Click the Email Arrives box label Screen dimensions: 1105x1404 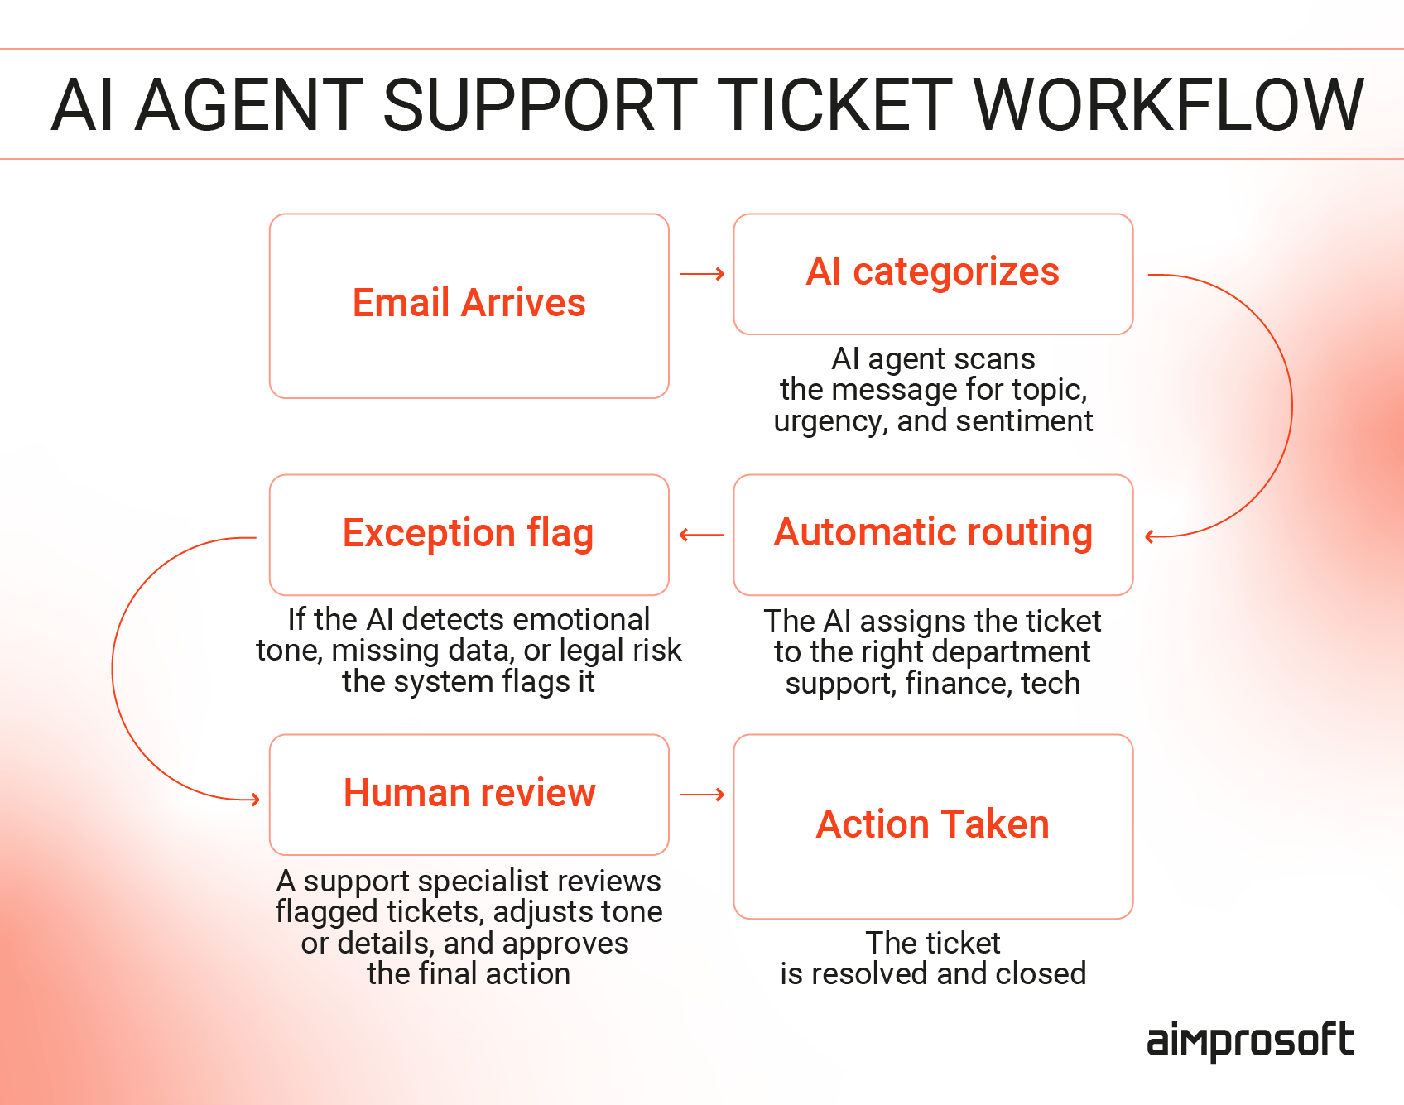click(x=469, y=303)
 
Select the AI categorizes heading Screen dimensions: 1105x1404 click(x=932, y=272)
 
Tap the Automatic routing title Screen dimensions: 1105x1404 click(x=933, y=532)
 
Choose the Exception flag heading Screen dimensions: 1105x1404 click(x=468, y=533)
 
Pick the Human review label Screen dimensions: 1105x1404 click(x=469, y=793)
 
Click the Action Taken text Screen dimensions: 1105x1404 click(x=932, y=824)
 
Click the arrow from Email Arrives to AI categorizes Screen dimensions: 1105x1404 click(x=702, y=274)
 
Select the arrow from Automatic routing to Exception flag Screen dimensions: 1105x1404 click(x=701, y=535)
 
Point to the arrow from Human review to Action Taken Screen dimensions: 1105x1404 click(x=702, y=795)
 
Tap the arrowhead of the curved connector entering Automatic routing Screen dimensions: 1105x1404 click(x=1150, y=536)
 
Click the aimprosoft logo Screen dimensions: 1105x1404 click(x=1249, y=1041)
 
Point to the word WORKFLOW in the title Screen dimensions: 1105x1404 click(x=1168, y=105)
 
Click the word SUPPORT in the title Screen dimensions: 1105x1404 click(x=541, y=105)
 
